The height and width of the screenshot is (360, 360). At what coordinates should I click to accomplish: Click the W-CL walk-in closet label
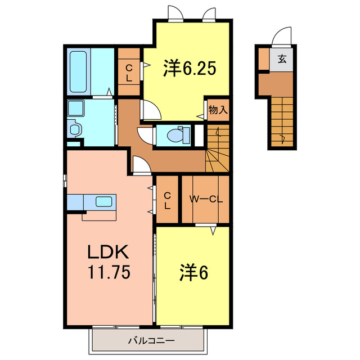point(205,199)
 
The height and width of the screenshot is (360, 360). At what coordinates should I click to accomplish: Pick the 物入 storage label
point(217,110)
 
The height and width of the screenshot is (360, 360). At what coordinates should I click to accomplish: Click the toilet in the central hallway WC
point(176,136)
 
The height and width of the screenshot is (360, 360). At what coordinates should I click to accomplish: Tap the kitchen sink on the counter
point(104,201)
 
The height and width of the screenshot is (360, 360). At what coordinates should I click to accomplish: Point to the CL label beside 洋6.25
point(129,73)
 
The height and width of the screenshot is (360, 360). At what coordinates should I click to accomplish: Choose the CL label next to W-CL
point(167,200)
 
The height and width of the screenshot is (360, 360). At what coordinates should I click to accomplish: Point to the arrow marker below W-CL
point(213,230)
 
